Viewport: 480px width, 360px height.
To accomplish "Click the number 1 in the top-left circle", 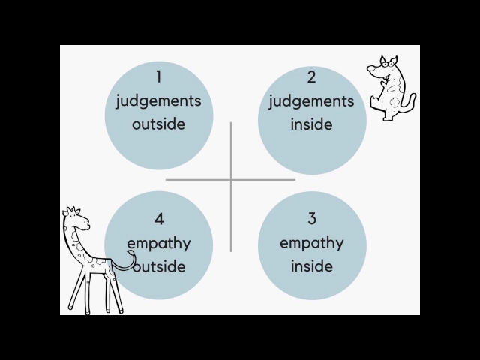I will [159, 76].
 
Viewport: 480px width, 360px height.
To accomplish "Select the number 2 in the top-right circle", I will [312, 76].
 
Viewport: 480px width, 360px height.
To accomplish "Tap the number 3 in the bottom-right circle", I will [312, 219].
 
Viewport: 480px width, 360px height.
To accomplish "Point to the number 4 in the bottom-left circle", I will [159, 219].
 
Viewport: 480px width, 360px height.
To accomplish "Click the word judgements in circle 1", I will [159, 101].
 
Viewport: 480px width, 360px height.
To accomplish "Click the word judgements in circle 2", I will [312, 101].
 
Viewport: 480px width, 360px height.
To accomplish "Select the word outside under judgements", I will [159, 124].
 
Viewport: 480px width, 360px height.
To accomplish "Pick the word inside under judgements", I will [312, 124].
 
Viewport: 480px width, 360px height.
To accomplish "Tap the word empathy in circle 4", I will [159, 244].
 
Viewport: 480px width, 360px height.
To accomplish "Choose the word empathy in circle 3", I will [312, 244].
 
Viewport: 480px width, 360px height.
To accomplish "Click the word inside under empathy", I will [312, 266].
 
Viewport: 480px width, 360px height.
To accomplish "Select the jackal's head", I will [381, 70].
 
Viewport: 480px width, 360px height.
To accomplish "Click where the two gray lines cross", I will [231, 179].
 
